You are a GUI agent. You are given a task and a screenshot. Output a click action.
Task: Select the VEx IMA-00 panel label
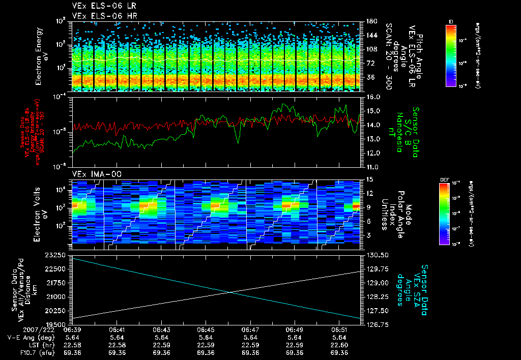[x=93, y=174]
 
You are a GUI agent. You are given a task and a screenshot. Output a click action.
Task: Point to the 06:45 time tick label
[x=206, y=329]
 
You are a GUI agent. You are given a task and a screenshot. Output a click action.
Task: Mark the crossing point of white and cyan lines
[x=231, y=292]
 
